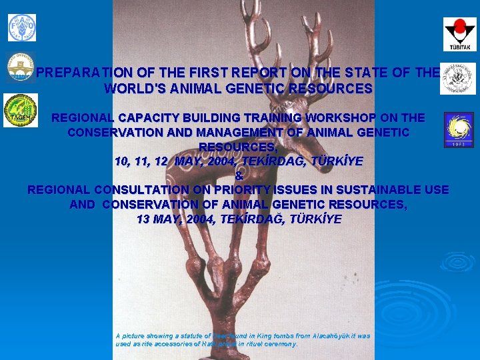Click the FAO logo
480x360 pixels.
pos(22,27)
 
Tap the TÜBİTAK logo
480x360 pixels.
pos(460,34)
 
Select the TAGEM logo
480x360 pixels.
pos(21,110)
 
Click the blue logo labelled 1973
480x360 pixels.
pos(459,129)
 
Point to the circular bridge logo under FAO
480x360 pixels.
pos(21,67)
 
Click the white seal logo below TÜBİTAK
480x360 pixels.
pos(458,78)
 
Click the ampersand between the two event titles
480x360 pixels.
pos(239,176)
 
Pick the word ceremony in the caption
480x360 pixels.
pos(281,344)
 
